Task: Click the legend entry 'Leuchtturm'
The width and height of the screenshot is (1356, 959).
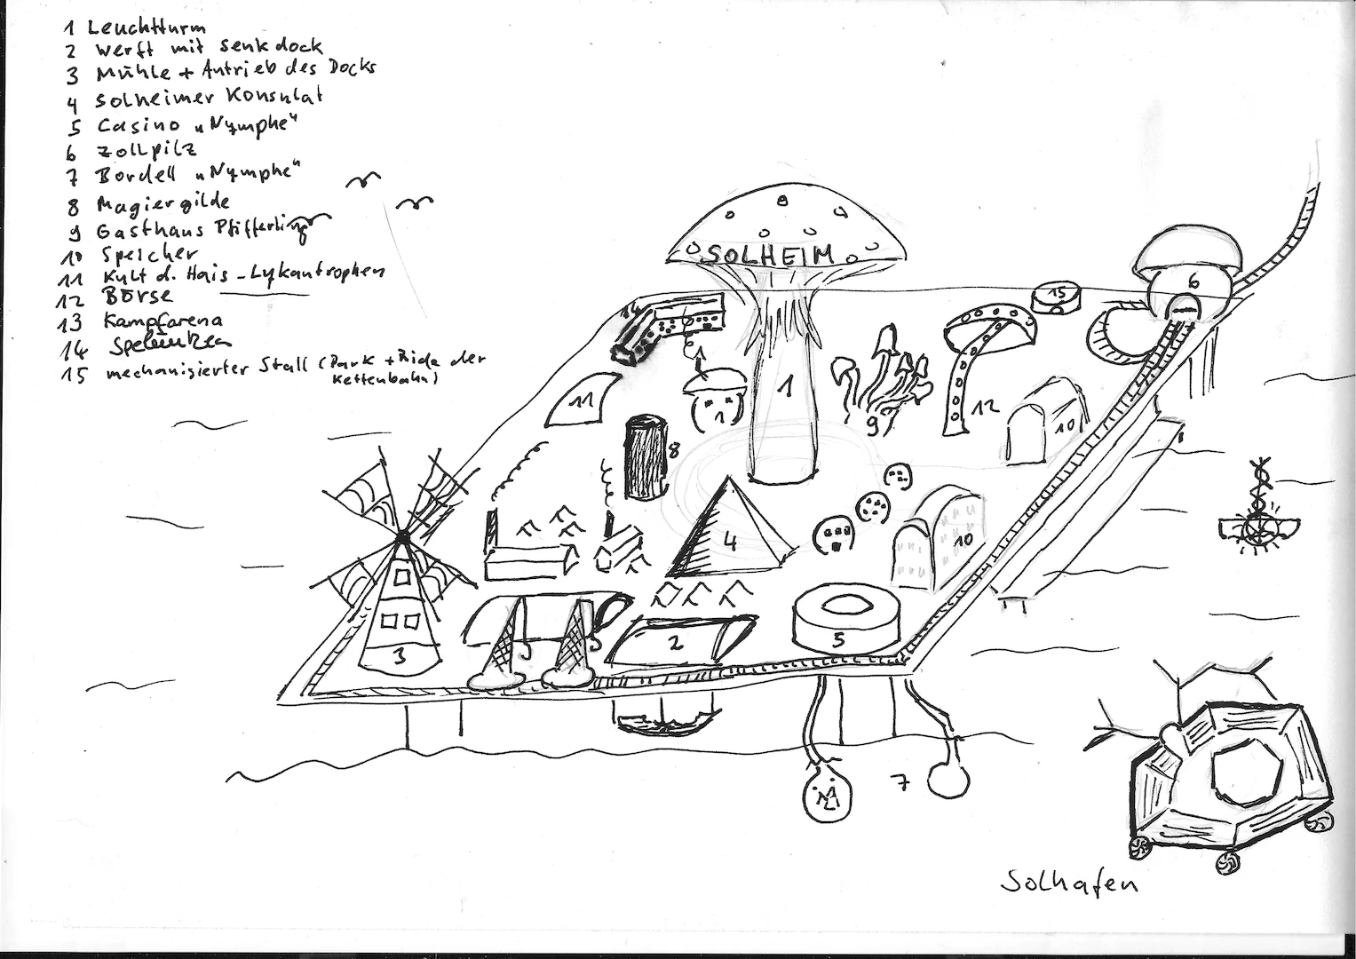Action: [147, 28]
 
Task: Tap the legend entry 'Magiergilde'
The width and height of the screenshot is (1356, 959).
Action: [164, 205]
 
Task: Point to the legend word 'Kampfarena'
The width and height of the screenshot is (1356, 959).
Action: [164, 321]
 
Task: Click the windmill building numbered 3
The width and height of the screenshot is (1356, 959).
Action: [400, 613]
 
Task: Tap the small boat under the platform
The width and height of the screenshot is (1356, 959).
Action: [662, 721]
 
